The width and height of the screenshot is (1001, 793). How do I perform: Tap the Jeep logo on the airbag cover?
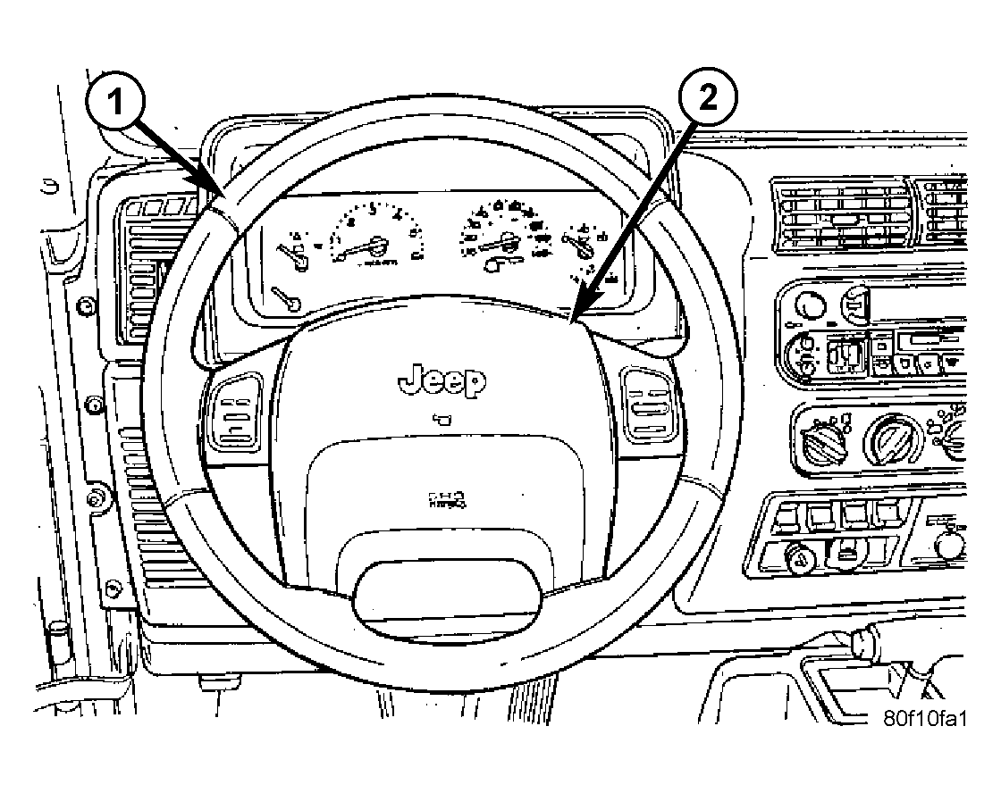point(442,381)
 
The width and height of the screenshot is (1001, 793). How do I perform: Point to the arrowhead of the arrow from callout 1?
point(220,198)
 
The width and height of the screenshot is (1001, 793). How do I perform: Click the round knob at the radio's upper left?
point(810,305)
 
